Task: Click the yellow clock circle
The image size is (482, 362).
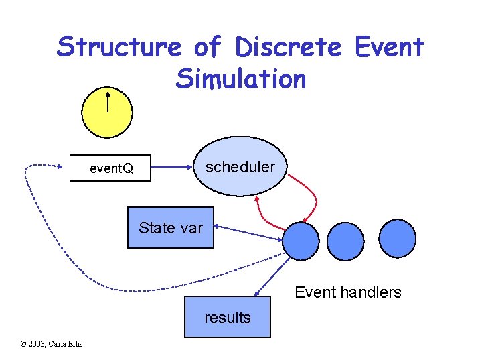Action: (108, 111)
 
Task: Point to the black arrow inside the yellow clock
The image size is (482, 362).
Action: (108, 102)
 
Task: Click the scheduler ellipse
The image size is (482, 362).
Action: (239, 167)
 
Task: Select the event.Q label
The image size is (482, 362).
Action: (111, 168)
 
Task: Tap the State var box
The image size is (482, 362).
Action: (171, 228)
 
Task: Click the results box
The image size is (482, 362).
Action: (228, 317)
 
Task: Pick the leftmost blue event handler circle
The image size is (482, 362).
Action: (301, 241)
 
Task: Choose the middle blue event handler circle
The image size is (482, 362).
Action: (345, 241)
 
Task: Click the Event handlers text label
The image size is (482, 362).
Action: (348, 292)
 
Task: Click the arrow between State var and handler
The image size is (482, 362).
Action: (248, 233)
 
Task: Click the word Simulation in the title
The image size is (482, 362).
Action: (240, 79)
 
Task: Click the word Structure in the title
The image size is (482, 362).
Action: (118, 47)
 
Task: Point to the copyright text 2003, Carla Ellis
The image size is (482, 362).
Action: (52, 344)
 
